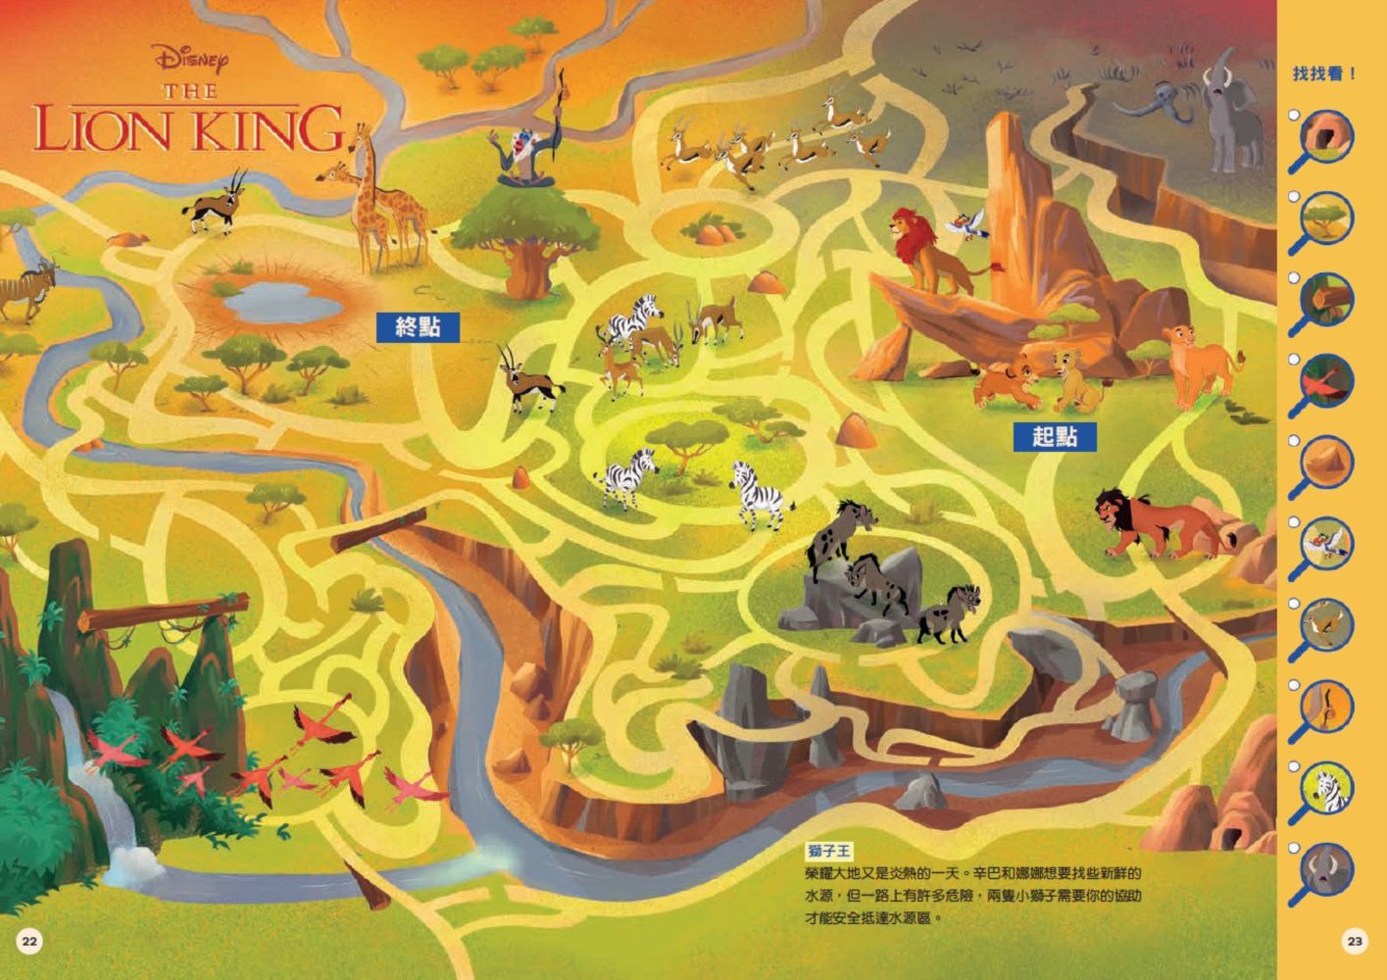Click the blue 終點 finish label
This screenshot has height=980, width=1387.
pos(419,327)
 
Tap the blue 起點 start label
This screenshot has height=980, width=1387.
pos(1055,437)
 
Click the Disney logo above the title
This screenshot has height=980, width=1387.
pos(192,60)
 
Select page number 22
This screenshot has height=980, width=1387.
pos(29,942)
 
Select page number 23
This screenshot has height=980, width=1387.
pos(1355,942)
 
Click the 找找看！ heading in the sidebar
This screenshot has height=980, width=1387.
pos(1324,73)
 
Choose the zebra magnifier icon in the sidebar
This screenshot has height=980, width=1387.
pos(1328,790)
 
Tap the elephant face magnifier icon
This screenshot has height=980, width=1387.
pos(1328,872)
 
